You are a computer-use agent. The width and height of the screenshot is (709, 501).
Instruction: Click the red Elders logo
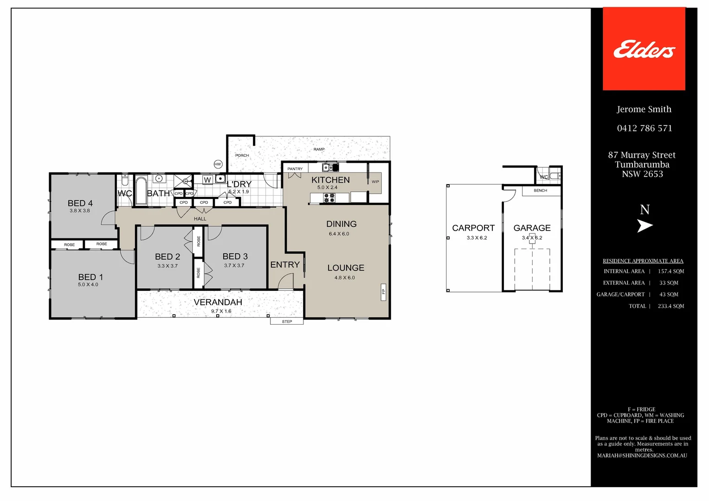pyautogui.click(x=644, y=49)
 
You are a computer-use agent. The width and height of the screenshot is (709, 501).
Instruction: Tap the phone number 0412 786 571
pyautogui.click(x=645, y=128)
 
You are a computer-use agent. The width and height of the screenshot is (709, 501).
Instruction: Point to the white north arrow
pyautogui.click(x=645, y=225)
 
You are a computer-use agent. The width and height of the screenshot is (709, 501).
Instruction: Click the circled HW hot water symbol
pyautogui.click(x=218, y=164)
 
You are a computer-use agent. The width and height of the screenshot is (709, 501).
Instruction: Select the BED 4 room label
pyautogui.click(x=80, y=203)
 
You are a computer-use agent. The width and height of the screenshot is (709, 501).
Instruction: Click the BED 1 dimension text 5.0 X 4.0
pyautogui.click(x=88, y=284)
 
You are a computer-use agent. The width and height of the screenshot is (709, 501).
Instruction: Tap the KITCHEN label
pyautogui.click(x=330, y=180)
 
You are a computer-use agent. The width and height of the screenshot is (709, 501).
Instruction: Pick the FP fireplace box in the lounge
pyautogui.click(x=383, y=292)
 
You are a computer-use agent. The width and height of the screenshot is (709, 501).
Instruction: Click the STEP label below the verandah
pyautogui.click(x=287, y=321)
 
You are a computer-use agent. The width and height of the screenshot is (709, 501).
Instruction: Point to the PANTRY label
pyautogui.click(x=295, y=169)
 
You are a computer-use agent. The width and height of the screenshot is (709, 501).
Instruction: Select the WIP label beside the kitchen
pyautogui.click(x=375, y=182)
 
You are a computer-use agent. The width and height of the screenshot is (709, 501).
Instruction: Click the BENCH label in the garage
pyautogui.click(x=540, y=191)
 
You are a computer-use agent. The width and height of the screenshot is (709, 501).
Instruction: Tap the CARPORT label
pyautogui.click(x=473, y=228)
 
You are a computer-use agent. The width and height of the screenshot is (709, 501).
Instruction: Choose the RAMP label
pyautogui.click(x=319, y=149)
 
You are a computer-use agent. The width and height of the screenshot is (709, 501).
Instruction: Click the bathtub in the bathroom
pyautogui.click(x=141, y=191)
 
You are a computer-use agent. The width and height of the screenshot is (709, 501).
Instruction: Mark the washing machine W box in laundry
pyautogui.click(x=207, y=180)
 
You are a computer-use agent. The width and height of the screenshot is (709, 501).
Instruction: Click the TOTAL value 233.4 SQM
pyautogui.click(x=671, y=306)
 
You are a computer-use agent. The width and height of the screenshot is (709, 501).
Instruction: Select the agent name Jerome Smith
pyautogui.click(x=644, y=109)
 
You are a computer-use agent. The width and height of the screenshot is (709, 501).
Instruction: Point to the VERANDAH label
pyautogui.click(x=218, y=302)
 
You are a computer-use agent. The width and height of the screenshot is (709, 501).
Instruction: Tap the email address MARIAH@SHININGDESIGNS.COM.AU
pyautogui.click(x=642, y=456)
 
